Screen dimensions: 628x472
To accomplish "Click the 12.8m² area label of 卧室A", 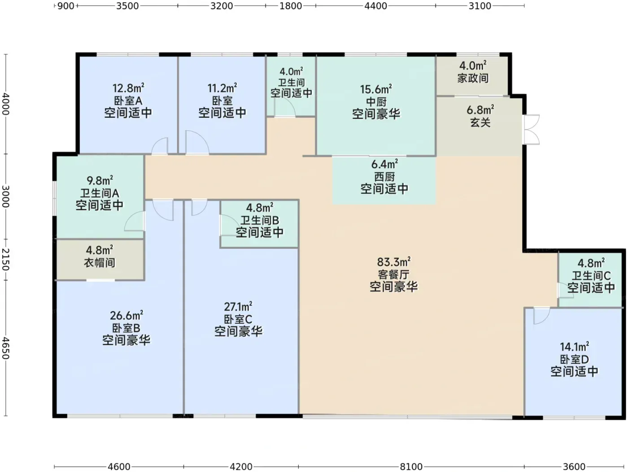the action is pyautogui.click(x=128, y=88).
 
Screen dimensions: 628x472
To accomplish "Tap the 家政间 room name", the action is pyautogui.click(x=473, y=78).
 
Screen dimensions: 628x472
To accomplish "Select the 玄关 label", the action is pyautogui.click(x=480, y=122).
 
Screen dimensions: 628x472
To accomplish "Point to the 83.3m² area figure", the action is pyautogui.click(x=394, y=262).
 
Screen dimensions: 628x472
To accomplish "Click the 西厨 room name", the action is pyautogui.click(x=384, y=176).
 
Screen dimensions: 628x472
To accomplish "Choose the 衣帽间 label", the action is pyautogui.click(x=100, y=263).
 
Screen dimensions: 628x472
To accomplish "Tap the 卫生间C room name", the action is pyautogui.click(x=591, y=276).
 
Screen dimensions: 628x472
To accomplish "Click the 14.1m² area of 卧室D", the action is pyautogui.click(x=575, y=347).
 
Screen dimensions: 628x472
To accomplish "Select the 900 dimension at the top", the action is pyautogui.click(x=66, y=6).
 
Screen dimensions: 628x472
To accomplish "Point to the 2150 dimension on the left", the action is pyautogui.click(x=6, y=260).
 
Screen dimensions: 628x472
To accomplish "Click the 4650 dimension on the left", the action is pyautogui.click(x=6, y=348).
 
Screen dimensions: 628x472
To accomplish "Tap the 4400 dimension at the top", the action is pyautogui.click(x=375, y=6).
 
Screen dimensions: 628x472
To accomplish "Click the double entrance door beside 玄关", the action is pyautogui.click(x=532, y=130).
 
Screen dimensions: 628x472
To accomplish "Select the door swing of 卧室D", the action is pyautogui.click(x=541, y=316).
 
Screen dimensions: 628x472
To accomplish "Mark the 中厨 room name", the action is pyautogui.click(x=376, y=101).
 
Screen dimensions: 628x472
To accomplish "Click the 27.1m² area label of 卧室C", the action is pyautogui.click(x=238, y=307).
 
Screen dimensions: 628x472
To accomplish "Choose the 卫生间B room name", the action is pyautogui.click(x=259, y=220).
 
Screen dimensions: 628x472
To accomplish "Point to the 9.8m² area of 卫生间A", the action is pyautogui.click(x=100, y=181).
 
